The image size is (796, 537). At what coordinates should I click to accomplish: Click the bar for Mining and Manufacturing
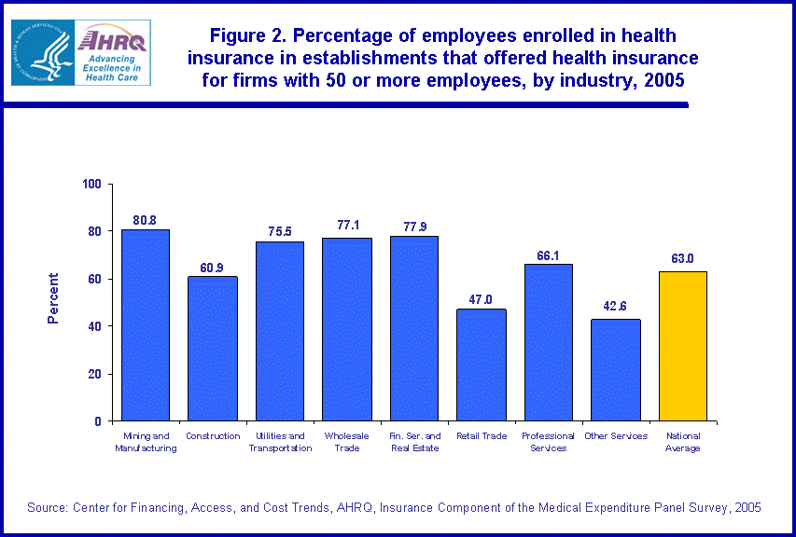146,325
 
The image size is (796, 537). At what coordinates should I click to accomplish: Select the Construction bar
212,349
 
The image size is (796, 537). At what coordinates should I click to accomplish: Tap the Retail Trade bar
482,365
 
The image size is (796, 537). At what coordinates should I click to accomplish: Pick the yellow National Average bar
683,346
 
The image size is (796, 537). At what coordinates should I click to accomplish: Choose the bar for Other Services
616,370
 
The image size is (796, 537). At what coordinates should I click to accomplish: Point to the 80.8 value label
146,220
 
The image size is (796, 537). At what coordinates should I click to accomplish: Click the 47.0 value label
482,300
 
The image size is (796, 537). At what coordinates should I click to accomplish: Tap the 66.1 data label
549,255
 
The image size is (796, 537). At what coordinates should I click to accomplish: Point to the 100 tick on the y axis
91,184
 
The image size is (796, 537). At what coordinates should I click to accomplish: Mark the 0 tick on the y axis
98,421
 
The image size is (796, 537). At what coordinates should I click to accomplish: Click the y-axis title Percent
53,298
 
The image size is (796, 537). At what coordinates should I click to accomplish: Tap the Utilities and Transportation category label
280,442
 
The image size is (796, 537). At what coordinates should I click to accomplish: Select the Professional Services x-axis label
549,442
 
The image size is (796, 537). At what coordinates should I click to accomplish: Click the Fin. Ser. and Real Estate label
414,442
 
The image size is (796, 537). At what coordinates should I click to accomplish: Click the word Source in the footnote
46,507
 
